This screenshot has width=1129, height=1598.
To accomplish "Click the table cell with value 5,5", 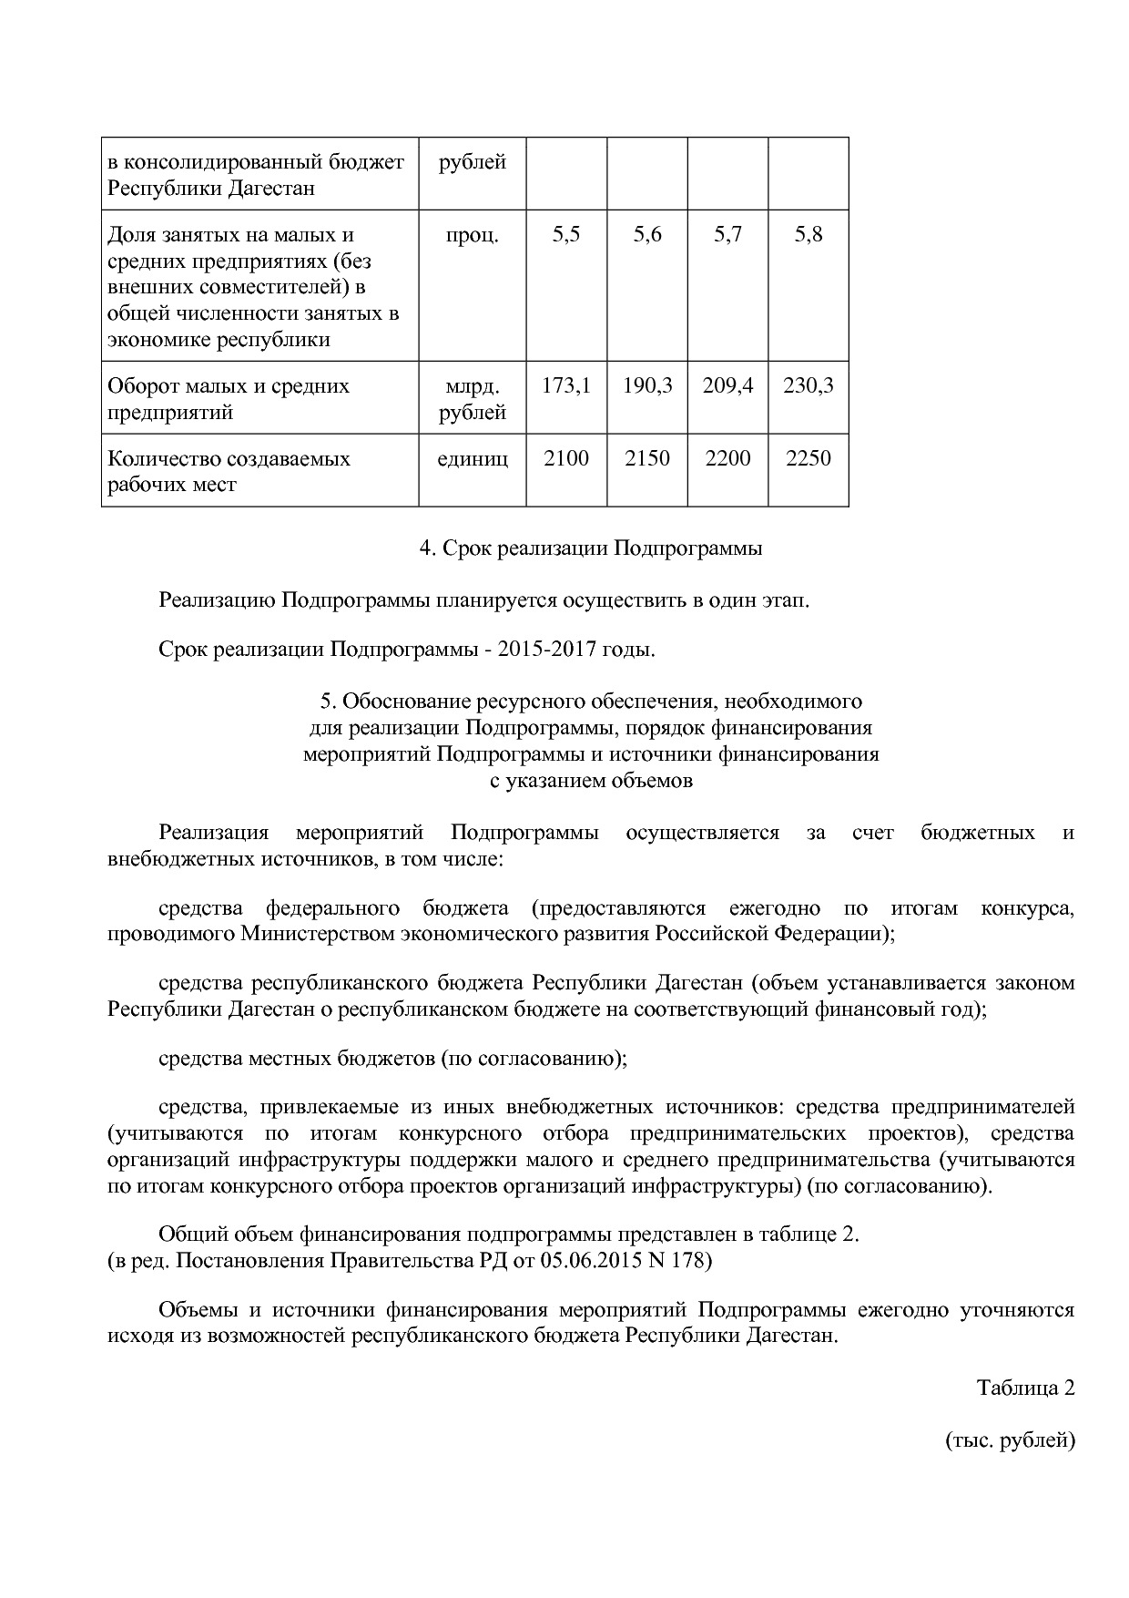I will point(565,235).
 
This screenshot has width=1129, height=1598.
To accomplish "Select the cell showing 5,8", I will point(808,235).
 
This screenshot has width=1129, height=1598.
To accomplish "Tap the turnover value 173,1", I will point(565,386).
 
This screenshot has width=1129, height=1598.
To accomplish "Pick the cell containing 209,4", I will point(727,386).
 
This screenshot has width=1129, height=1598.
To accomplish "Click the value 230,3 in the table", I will point(808,386).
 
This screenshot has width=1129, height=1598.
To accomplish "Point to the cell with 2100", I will point(565,458).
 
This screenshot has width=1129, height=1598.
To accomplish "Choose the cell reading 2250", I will point(808,458).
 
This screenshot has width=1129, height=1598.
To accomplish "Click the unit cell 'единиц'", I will point(472,458).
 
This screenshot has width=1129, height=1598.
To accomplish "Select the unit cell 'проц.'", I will point(472,235).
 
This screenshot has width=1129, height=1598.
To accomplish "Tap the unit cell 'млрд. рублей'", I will point(472,399).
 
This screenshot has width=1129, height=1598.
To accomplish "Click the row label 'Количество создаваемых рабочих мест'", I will point(229,471).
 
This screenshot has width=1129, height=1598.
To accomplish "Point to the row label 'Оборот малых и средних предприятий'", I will point(229,399).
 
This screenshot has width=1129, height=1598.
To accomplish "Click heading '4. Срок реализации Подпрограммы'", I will point(590,548).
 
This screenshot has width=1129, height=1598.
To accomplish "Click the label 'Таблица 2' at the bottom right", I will point(1025,1388).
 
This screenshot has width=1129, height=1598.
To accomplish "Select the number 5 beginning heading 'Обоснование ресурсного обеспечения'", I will point(326,702).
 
